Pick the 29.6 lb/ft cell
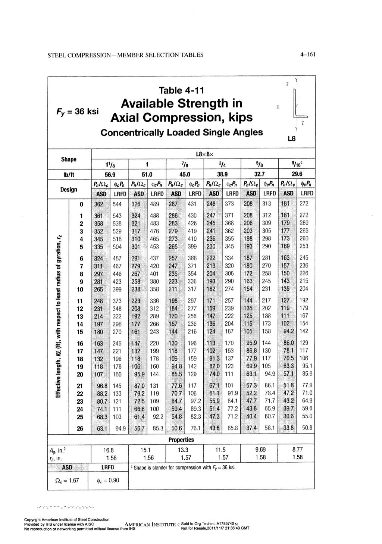pos(297,173)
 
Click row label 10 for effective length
pos(80,289)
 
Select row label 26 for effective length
pos(80,428)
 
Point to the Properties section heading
pos(181,440)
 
